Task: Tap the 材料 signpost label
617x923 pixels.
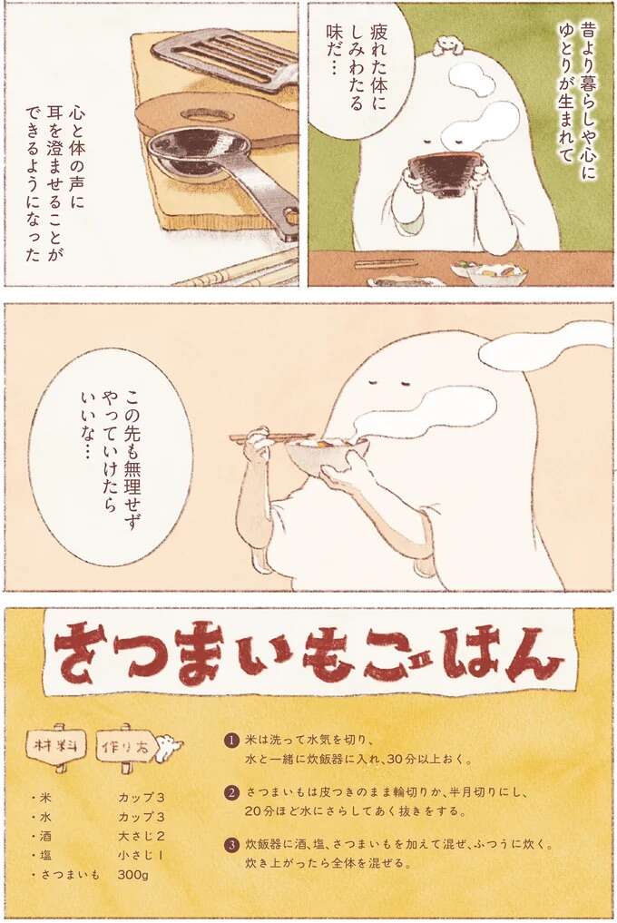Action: point(55,746)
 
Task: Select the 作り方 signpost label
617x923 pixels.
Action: point(126,746)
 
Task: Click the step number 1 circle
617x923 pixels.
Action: point(231,740)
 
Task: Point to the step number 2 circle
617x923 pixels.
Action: point(231,792)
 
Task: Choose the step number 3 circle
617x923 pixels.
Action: point(231,845)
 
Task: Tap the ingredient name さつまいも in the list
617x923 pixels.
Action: point(68,875)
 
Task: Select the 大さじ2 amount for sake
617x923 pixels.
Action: point(141,836)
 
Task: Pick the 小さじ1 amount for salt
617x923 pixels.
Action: point(141,855)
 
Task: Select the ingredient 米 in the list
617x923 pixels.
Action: point(44,797)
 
